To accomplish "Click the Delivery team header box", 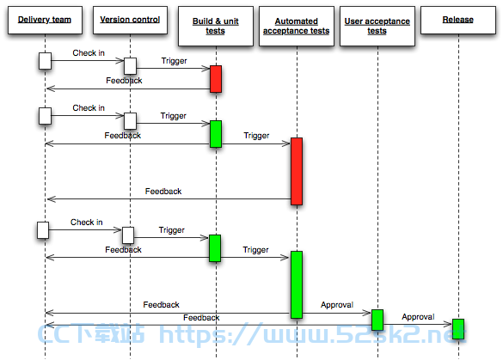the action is point(45,20).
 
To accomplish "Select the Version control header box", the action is point(130,20).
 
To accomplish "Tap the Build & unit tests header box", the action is point(216,26).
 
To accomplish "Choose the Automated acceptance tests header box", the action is point(297,26).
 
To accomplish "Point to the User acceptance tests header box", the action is point(377,26).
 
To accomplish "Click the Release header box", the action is point(458,20).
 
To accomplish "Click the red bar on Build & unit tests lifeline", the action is point(216,79).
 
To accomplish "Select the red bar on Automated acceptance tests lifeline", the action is point(297,171).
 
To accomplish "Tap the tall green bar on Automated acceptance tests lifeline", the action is point(297,284).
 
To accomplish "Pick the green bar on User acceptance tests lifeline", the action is point(377,320).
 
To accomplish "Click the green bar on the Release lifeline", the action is point(458,329).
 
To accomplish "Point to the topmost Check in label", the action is point(89,53).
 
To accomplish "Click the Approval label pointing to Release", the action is point(418,317).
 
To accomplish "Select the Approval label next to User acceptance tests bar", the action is point(337,305).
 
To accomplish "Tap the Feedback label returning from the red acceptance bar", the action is point(163,192).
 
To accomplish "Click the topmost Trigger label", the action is point(175,61).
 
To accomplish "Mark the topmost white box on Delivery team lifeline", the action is point(45,61).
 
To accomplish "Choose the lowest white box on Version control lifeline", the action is point(128,235).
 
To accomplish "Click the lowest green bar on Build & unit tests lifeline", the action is point(215,248).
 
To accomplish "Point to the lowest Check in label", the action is point(87,223).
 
